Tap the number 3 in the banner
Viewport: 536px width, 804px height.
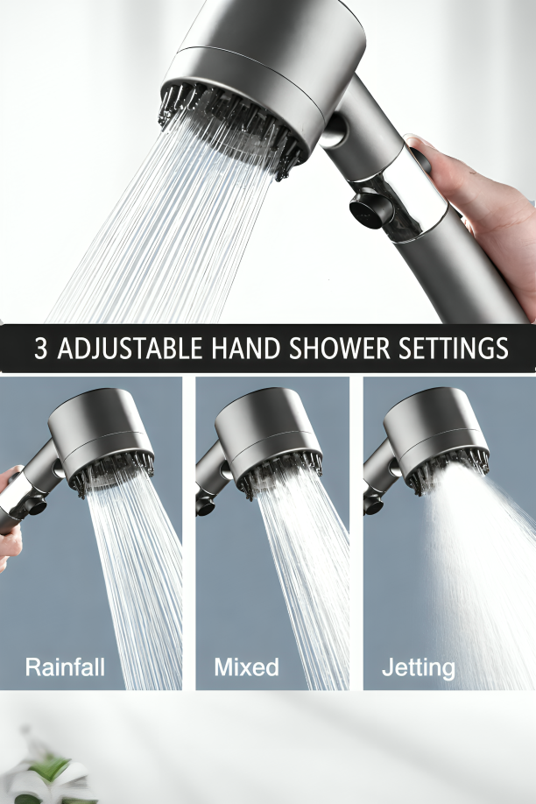coord(40,349)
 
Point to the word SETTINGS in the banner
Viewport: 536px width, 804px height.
coord(454,349)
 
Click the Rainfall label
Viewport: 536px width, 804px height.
coord(65,667)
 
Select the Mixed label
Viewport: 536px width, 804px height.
coord(246,667)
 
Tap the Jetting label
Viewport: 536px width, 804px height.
coord(418,668)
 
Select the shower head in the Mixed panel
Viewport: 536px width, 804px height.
coord(268,434)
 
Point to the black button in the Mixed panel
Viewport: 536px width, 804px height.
coord(202,506)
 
